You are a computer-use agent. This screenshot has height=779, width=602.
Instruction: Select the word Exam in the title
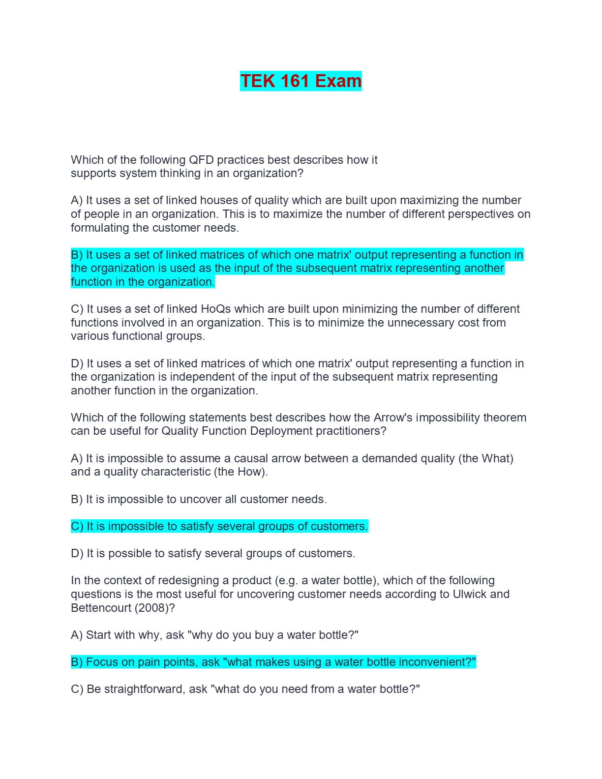(x=338, y=81)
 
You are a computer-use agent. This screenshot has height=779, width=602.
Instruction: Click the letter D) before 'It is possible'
(x=77, y=553)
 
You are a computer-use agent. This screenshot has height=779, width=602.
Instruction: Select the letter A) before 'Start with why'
(x=77, y=635)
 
